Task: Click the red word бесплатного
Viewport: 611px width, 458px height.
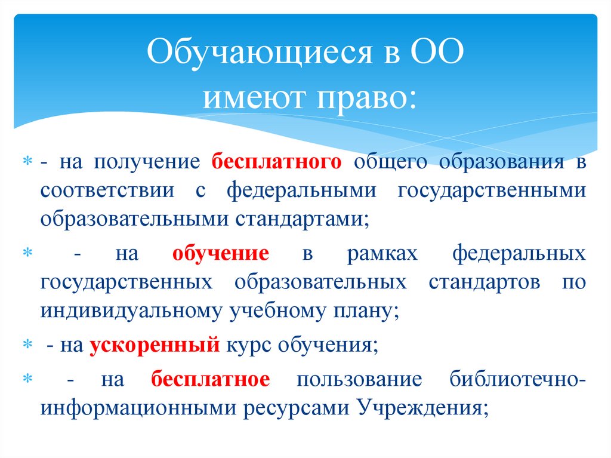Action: click(x=276, y=163)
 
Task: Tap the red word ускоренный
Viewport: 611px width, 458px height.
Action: click(x=155, y=345)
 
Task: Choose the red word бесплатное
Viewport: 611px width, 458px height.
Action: click(x=211, y=379)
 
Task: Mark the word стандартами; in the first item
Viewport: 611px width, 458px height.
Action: click(x=305, y=218)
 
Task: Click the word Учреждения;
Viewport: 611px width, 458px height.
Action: click(x=424, y=407)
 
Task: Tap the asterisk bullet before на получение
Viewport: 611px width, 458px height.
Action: click(x=26, y=163)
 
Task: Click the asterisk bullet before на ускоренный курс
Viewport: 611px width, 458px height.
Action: click(x=26, y=345)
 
